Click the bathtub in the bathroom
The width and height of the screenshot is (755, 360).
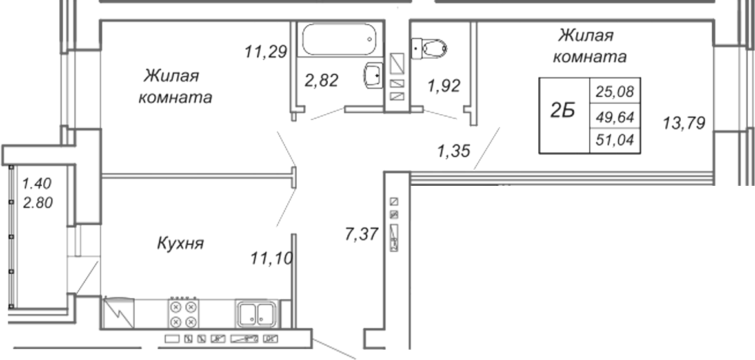pos(339,39)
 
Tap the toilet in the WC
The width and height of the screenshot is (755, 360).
pos(429,48)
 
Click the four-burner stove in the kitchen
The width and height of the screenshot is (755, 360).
pos(183,313)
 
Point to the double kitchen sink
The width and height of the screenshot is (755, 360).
pos(256,314)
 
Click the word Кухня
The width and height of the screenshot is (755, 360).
pos(181,243)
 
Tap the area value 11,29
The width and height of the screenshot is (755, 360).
pos(266,52)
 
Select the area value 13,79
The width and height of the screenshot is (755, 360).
pos(684,124)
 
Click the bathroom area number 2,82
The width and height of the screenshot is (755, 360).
pos(321,81)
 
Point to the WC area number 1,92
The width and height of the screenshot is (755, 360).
pos(444,86)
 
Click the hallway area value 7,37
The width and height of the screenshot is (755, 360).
pos(361,235)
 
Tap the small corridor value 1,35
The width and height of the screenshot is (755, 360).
pos(453,152)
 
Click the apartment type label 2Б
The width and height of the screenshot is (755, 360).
pos(563,112)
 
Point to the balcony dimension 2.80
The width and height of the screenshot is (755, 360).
pos(38,203)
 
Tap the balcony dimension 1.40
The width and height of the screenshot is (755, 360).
pos(37,183)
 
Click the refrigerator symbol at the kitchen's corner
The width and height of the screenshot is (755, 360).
pos(119,313)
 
